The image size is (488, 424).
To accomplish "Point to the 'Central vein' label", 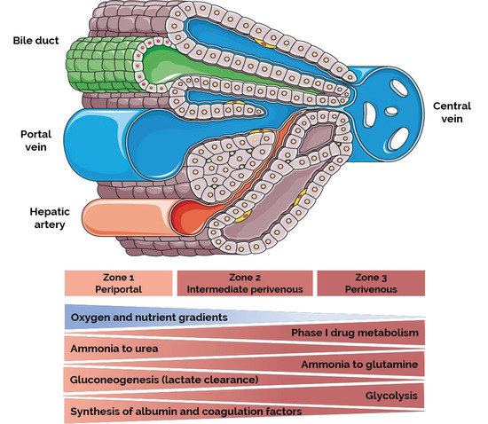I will (452, 113).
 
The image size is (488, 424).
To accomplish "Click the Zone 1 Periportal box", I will (118, 283).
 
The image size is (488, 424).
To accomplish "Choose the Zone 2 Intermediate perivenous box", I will (246, 283).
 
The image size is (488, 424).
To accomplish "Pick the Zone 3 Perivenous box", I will (371, 283).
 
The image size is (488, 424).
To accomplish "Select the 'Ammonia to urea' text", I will (114, 349).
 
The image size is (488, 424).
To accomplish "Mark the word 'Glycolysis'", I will (391, 395).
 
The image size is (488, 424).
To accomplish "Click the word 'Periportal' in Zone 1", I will (118, 289).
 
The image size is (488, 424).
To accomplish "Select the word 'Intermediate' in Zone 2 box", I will (222, 289).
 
